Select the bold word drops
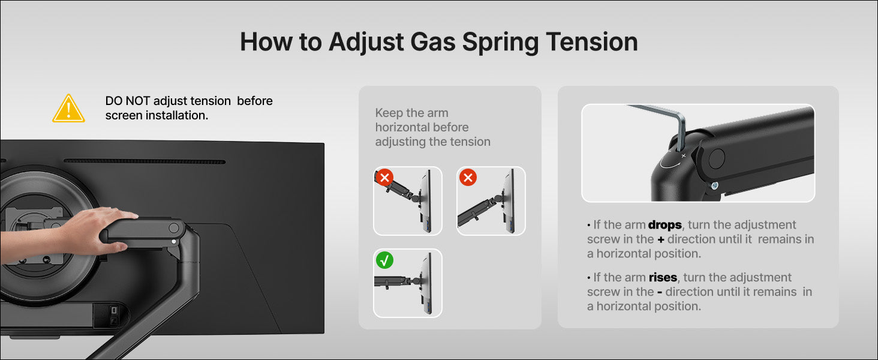tap(664, 225)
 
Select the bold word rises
tap(663, 277)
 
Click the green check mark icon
tap(384, 260)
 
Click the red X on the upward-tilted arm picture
tap(384, 178)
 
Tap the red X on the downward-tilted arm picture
tap(468, 178)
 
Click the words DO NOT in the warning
tap(127, 101)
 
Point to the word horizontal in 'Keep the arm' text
tap(422, 127)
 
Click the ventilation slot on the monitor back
tap(145, 161)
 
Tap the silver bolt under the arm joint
tap(714, 185)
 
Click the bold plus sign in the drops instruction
tap(661, 239)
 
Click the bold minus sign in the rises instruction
tap(660, 292)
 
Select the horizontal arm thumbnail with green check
tap(408, 283)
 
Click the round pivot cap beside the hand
tap(174, 228)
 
